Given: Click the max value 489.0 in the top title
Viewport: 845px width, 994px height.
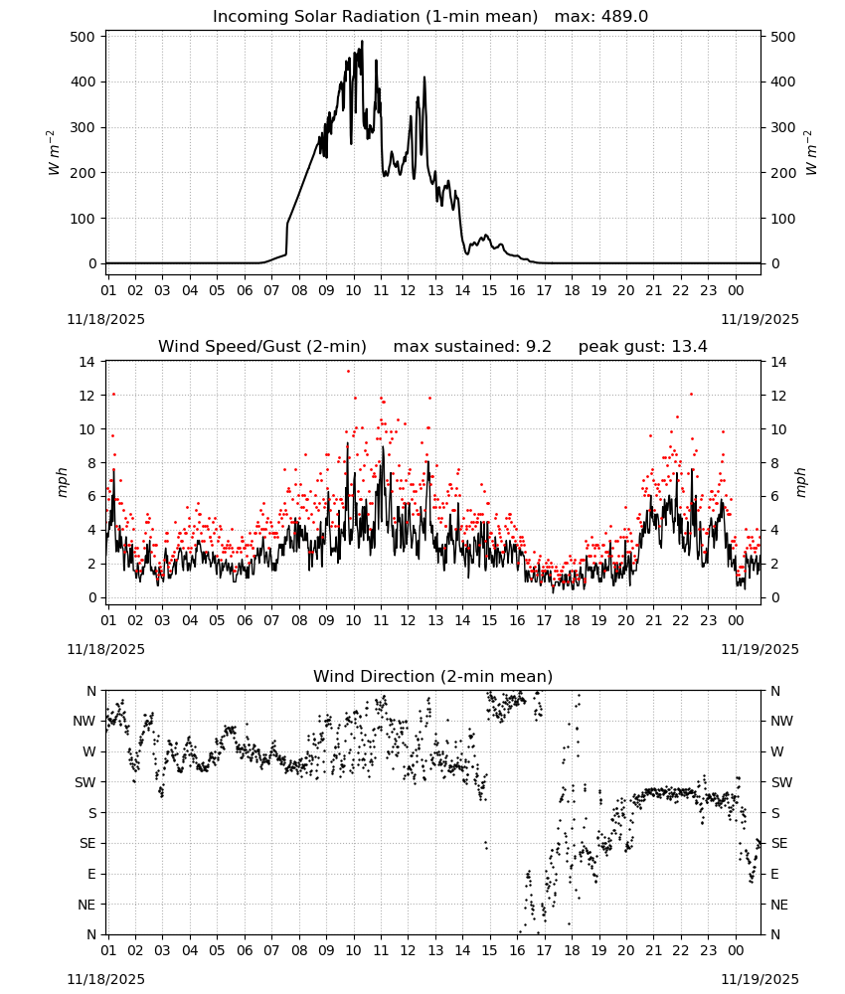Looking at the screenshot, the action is (x=624, y=17).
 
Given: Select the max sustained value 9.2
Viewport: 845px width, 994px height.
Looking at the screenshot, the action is (x=539, y=347).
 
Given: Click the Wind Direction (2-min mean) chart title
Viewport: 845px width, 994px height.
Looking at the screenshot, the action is (x=433, y=676).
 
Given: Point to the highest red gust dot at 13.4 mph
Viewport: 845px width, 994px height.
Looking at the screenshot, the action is (x=348, y=372).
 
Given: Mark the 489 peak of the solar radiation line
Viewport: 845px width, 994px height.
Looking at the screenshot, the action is (x=362, y=41).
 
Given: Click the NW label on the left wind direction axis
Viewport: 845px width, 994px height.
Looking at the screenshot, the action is (x=84, y=722).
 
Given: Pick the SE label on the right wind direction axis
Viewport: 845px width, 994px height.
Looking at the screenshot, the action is (x=779, y=844).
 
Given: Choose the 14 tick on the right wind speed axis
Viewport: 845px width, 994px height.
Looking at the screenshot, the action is (x=778, y=362).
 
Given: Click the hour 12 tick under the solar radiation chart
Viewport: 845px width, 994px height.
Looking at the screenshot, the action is (x=408, y=290).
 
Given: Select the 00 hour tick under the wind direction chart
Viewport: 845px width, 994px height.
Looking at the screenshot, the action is (x=736, y=950).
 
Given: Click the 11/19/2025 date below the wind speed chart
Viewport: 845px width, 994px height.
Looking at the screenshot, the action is (x=760, y=649).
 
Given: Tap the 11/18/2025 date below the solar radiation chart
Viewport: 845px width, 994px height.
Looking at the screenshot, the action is (x=105, y=319).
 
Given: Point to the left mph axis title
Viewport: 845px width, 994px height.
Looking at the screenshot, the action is (x=62, y=482).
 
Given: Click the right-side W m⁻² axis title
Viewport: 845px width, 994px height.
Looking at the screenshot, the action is (x=811, y=153).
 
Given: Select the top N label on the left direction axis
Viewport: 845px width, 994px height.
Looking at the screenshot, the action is (x=91, y=691).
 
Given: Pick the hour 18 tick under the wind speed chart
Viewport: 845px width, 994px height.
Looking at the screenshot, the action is (x=572, y=620).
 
